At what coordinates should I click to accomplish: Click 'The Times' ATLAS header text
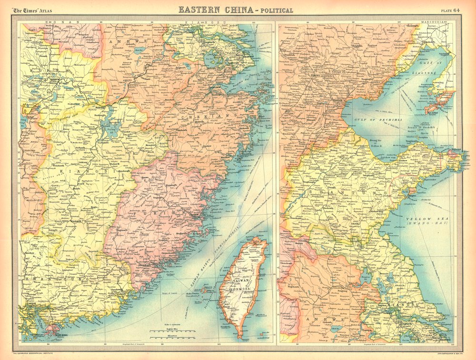[32, 10]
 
